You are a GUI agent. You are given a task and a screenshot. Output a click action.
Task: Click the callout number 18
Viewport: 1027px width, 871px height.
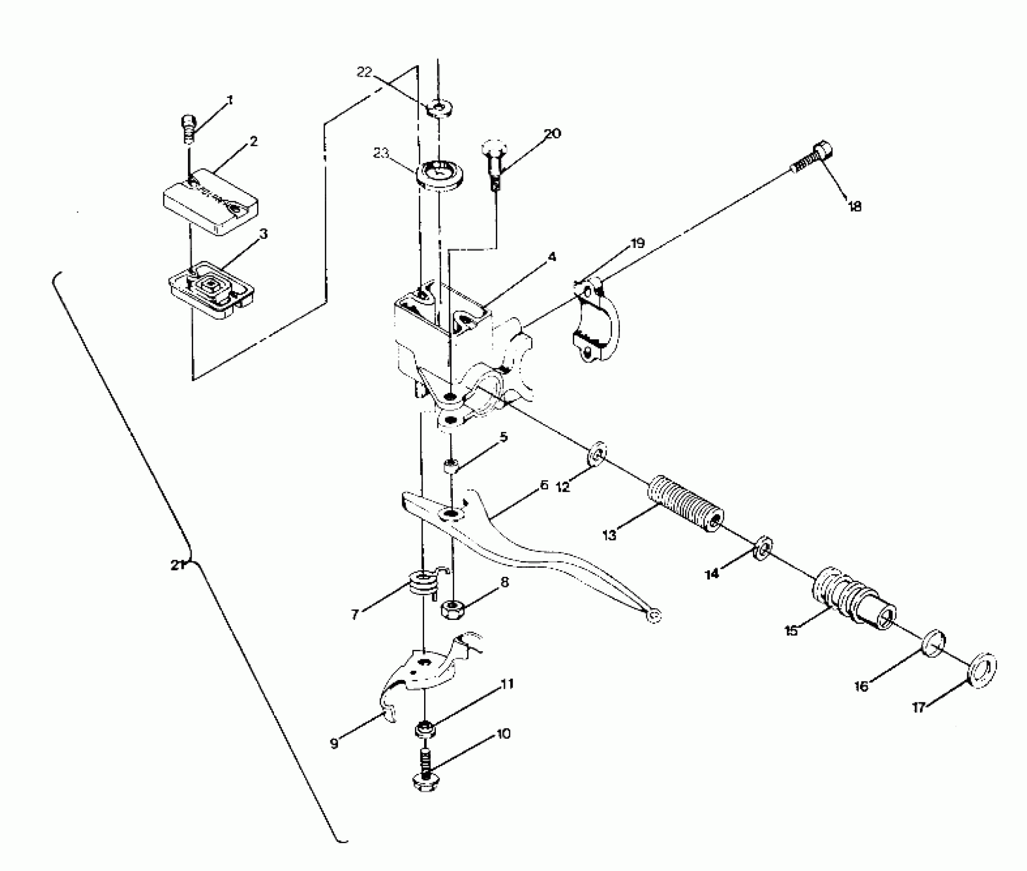(x=854, y=206)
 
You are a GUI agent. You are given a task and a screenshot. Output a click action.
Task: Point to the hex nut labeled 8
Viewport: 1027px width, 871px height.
(x=450, y=609)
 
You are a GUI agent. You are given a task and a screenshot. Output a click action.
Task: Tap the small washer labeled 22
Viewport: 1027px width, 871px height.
(x=438, y=108)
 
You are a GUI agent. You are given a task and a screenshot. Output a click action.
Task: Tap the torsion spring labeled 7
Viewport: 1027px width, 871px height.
(x=423, y=584)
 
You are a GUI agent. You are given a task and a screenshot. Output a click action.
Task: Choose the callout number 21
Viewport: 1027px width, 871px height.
(x=177, y=566)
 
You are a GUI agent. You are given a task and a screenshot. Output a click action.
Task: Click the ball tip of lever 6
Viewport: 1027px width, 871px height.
(x=654, y=616)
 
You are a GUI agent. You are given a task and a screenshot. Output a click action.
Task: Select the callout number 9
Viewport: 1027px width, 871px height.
(x=334, y=744)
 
